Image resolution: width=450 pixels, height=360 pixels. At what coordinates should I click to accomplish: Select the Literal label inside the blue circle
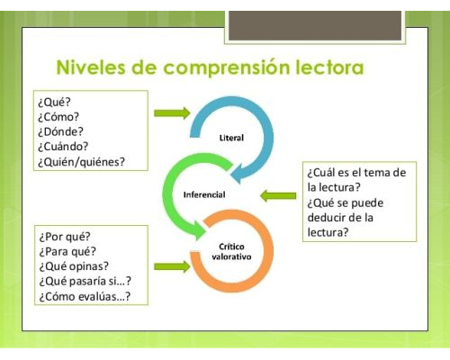[x=232, y=138]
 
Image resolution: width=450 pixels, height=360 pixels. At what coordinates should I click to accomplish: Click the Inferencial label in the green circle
[x=204, y=194]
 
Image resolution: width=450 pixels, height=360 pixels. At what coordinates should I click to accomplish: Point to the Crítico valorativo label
[x=230, y=251]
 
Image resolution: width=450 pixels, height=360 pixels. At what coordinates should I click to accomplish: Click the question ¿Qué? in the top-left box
[x=54, y=101]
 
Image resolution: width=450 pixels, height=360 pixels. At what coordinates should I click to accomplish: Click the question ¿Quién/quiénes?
[x=82, y=162]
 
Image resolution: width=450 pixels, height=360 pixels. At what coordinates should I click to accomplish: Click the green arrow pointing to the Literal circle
[x=172, y=113]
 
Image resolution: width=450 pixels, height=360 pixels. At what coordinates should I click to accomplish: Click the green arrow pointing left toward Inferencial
[x=278, y=195]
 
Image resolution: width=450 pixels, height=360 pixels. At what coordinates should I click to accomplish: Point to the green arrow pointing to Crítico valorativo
[x=172, y=266]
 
